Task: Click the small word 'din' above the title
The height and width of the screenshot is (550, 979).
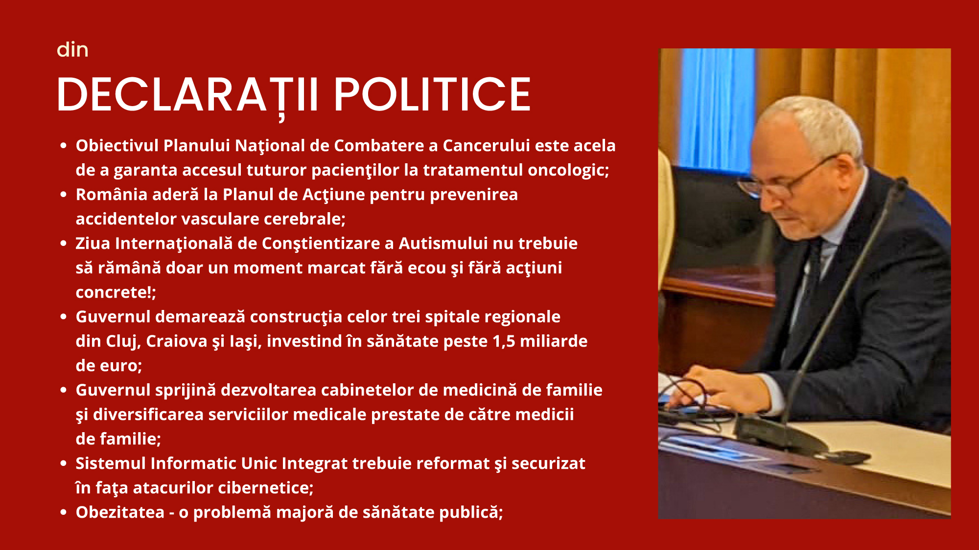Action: click(x=72, y=50)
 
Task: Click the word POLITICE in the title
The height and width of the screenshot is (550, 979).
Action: click(x=432, y=94)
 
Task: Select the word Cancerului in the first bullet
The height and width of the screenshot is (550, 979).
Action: click(x=486, y=146)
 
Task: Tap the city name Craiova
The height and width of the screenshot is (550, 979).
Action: click(x=177, y=341)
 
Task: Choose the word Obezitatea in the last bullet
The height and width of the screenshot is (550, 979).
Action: click(x=120, y=512)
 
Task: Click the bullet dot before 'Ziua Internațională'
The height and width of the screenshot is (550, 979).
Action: click(x=63, y=243)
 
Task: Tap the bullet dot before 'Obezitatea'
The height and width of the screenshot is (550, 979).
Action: click(x=63, y=512)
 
